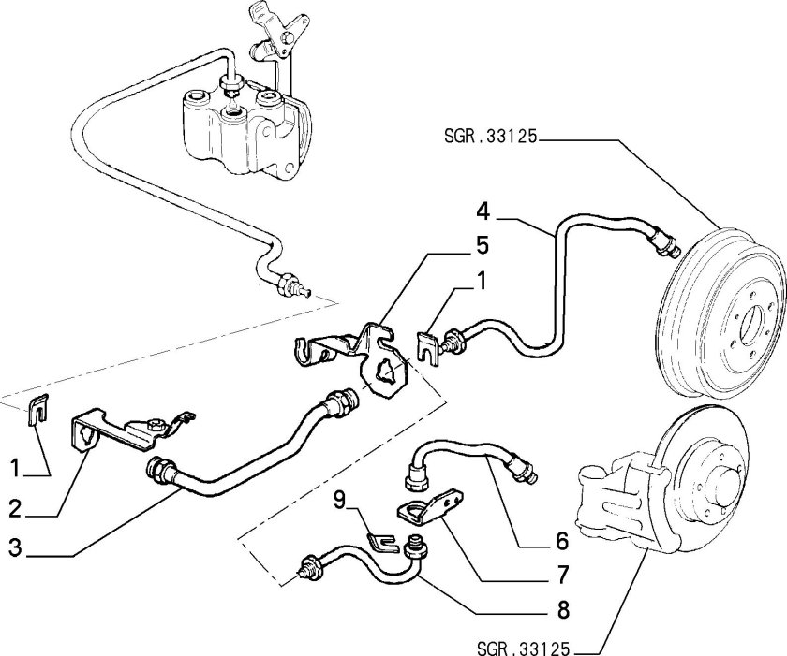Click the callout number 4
click(483, 211)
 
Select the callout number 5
click(482, 245)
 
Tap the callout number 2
click(16, 509)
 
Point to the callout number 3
click(16, 547)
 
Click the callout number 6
click(562, 541)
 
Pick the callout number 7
click(563, 575)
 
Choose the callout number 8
click(563, 610)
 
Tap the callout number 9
click(340, 500)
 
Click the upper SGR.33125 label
click(490, 136)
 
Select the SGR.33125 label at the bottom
click(524, 649)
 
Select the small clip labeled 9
click(382, 544)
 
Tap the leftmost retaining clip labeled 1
click(38, 410)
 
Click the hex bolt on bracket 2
click(156, 426)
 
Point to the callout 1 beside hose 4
click(482, 281)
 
